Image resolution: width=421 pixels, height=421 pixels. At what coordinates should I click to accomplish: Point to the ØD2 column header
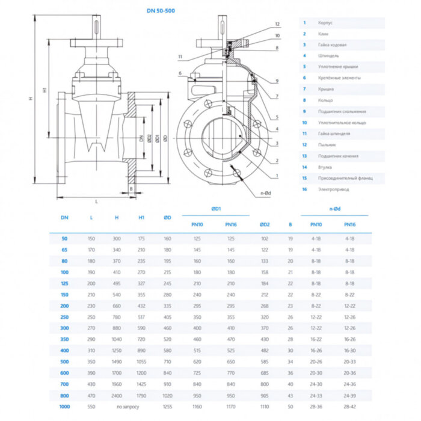pyautogui.click(x=265, y=224)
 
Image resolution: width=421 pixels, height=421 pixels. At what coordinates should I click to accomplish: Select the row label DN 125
pyautogui.click(x=64, y=282)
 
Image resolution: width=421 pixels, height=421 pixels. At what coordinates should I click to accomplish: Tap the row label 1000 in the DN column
pyautogui.click(x=64, y=407)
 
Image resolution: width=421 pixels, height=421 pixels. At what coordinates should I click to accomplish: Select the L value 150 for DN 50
pyautogui.click(x=91, y=239)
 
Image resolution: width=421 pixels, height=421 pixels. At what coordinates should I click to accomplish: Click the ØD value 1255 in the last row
pyautogui.click(x=167, y=407)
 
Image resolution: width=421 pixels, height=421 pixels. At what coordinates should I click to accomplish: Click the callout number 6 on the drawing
pyautogui.click(x=179, y=73)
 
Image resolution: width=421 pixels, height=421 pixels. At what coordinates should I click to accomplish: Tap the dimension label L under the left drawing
pyautogui.click(x=96, y=201)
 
